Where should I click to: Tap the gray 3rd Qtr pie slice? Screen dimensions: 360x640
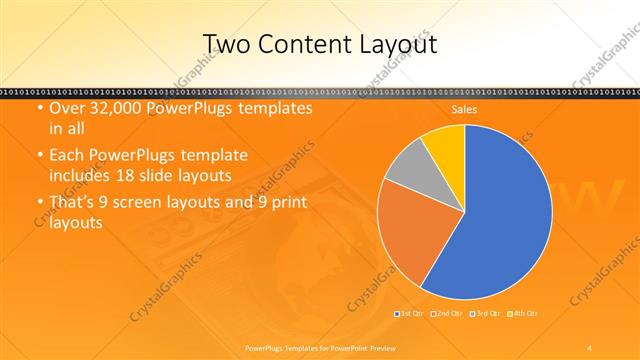point(408,169)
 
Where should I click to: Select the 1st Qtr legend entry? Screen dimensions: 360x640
point(411,314)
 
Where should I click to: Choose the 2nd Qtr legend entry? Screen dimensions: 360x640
point(447,314)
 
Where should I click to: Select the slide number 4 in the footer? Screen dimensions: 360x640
point(590,346)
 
